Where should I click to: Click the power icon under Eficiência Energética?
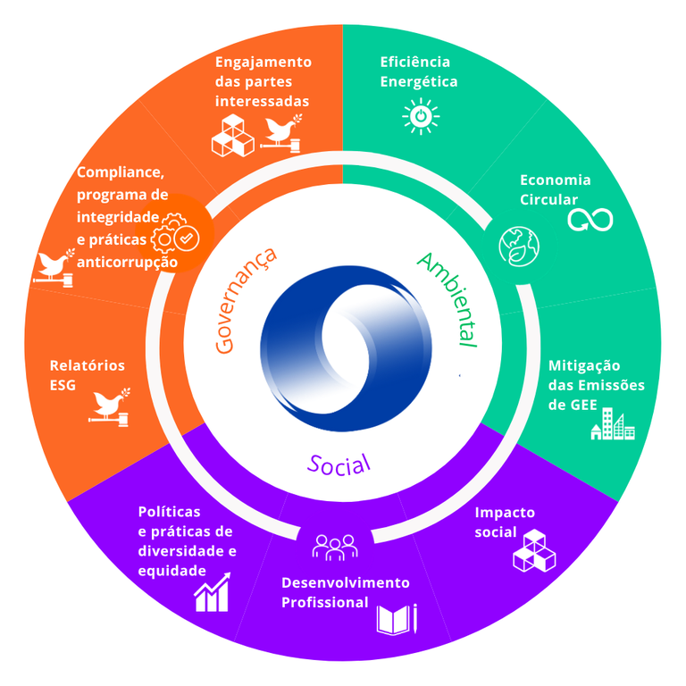[421, 117]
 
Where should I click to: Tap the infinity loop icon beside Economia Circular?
[590, 218]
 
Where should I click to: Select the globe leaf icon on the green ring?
[519, 246]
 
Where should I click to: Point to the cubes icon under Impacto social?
[534, 550]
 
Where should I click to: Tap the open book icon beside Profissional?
[397, 619]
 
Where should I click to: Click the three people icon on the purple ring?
[335, 547]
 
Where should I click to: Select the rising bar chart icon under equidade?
[213, 592]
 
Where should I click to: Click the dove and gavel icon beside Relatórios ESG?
[112, 406]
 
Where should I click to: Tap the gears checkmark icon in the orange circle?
[176, 237]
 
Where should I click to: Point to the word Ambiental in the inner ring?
[448, 300]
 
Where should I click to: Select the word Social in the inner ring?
[339, 464]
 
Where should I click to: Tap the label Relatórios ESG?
[87, 375]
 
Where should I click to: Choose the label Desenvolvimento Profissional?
[345, 592]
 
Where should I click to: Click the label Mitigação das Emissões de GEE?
[596, 385]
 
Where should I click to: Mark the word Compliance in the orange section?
[120, 172]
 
